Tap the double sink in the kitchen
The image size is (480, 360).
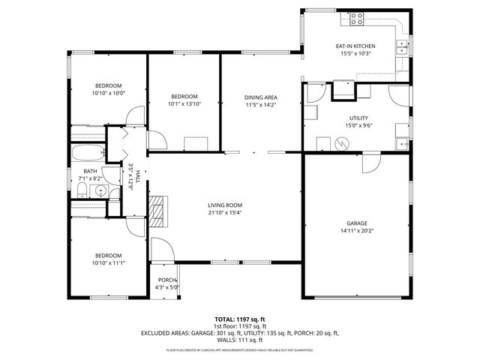403,46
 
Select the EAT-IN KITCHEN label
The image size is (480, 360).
355,46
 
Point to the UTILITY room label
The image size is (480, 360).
358,118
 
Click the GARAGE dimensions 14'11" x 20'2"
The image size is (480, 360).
357,230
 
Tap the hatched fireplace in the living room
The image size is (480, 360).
157,212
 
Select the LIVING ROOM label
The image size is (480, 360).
225,205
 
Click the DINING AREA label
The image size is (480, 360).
261,97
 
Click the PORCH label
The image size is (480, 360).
166,280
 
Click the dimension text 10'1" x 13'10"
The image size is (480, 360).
184,103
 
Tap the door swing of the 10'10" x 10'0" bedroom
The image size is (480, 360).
135,116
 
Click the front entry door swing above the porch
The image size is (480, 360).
160,250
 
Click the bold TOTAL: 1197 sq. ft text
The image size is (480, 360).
239,319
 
